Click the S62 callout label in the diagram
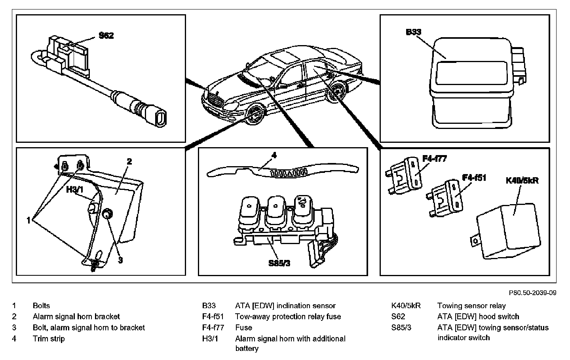tap(106, 36)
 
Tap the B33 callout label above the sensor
tap(414, 32)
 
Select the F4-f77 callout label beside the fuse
tap(435, 159)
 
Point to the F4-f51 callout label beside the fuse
tap(474, 178)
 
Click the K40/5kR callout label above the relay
tap(522, 180)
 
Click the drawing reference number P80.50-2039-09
tap(533, 293)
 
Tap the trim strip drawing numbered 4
tap(283, 171)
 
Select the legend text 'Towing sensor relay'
tap(471, 305)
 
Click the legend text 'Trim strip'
tap(49, 339)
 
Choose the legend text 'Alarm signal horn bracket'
tap(76, 316)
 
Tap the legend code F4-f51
tap(213, 316)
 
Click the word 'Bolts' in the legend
tap(41, 305)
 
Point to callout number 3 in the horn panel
tap(121, 260)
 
